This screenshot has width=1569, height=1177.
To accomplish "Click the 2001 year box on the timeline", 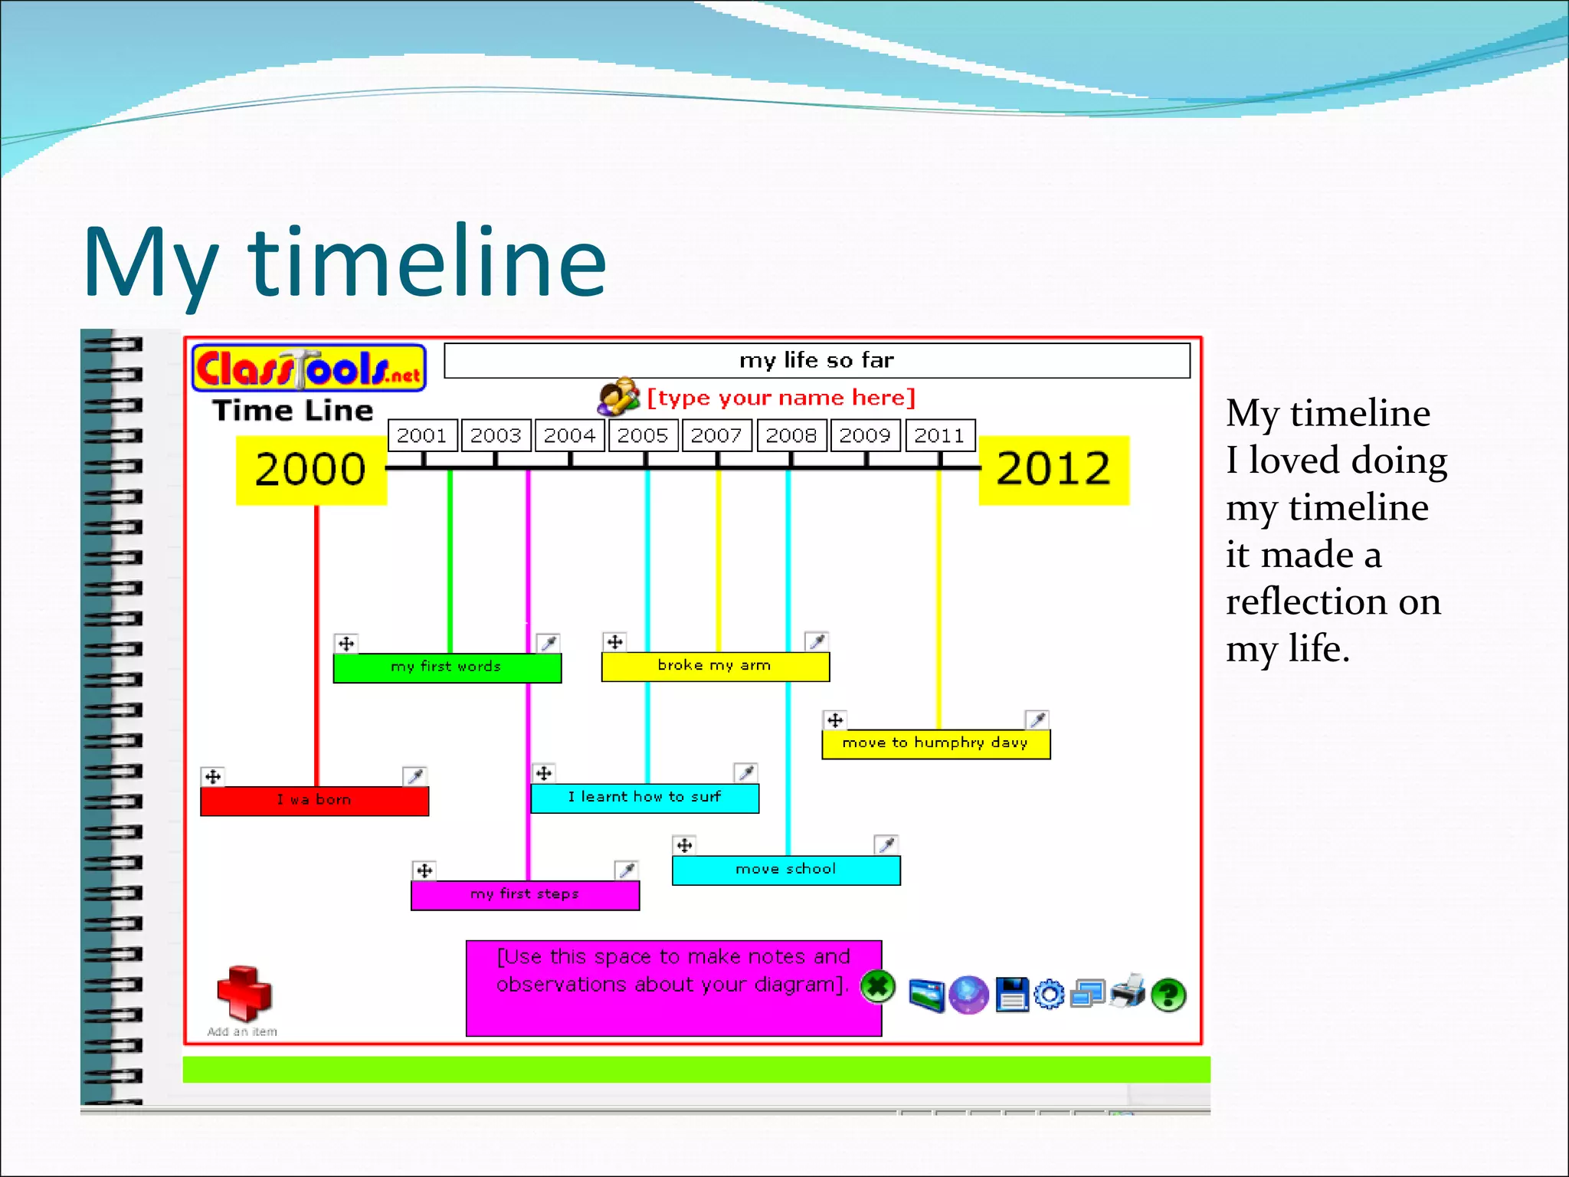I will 422,435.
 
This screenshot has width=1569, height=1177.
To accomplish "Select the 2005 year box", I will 643,435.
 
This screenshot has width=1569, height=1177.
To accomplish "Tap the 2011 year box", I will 939,435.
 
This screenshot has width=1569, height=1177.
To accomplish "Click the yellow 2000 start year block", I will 311,470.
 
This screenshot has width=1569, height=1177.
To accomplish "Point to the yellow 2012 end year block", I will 1053,470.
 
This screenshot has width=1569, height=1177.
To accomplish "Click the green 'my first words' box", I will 447,667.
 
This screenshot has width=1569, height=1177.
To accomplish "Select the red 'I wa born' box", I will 314,801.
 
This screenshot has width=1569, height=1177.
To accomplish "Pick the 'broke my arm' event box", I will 715,666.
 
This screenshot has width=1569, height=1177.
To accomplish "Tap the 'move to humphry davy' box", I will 935,743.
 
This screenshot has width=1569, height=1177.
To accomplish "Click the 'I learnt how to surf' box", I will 644,798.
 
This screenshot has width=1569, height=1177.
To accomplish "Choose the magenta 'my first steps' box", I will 525,895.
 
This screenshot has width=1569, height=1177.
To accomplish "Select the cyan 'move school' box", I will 786,870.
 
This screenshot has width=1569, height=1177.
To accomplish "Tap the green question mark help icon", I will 1168,995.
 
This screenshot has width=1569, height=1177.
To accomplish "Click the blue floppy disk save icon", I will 1011,995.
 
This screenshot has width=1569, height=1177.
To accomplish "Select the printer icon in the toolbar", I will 1128,992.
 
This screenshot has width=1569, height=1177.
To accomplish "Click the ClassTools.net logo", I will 309,369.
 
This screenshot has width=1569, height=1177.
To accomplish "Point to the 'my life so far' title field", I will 817,360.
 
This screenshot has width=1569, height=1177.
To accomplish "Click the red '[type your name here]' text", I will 781,398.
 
